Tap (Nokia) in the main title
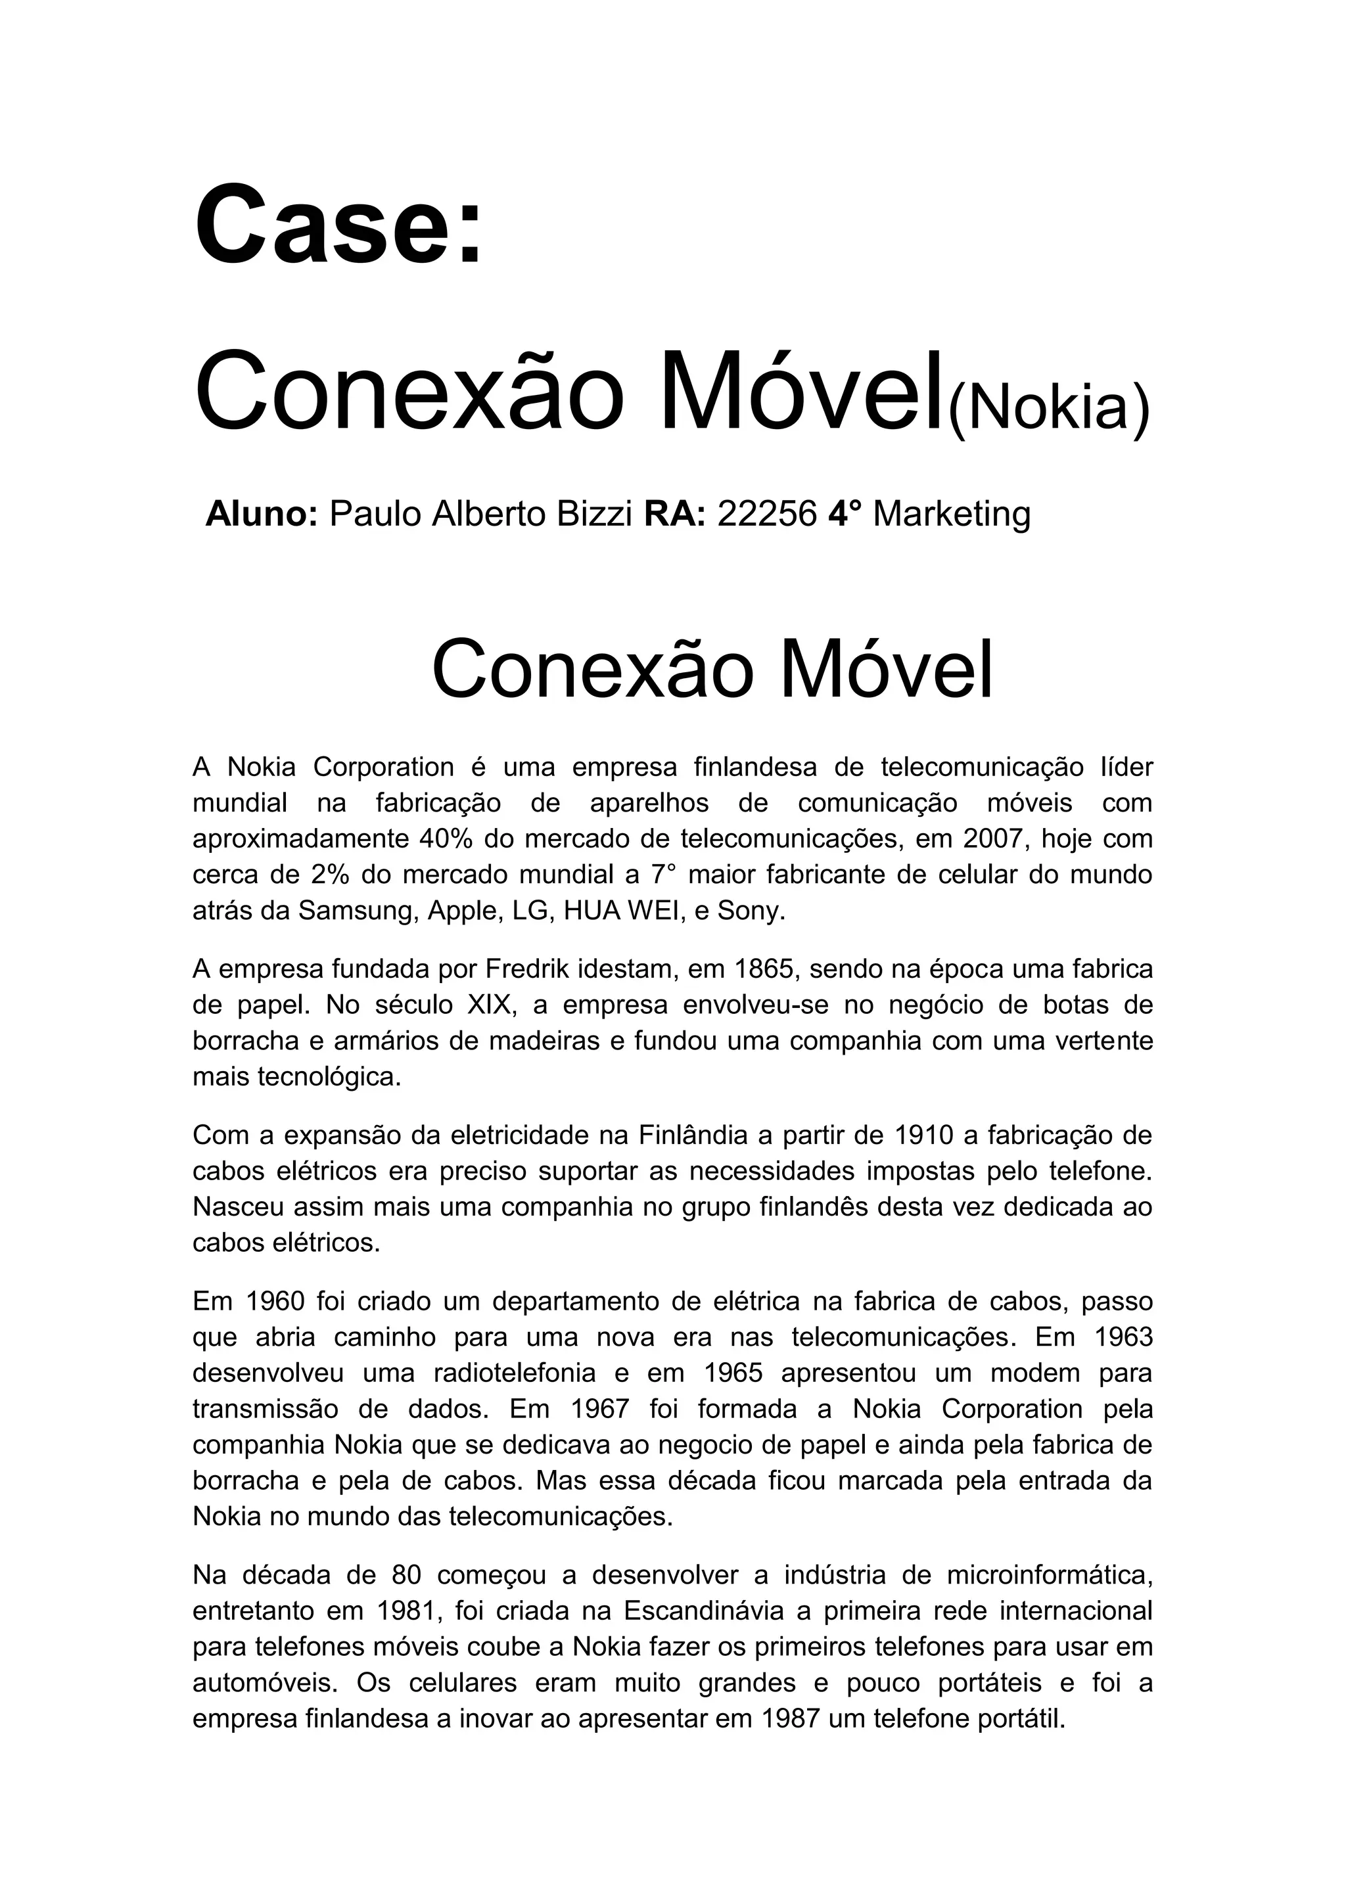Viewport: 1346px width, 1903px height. pyautogui.click(x=1048, y=409)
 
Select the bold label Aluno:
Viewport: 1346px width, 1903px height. pyautogui.click(x=262, y=514)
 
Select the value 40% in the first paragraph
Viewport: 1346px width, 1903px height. pyautogui.click(x=448, y=838)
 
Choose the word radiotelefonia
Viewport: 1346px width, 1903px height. pyautogui.click(x=515, y=1373)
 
